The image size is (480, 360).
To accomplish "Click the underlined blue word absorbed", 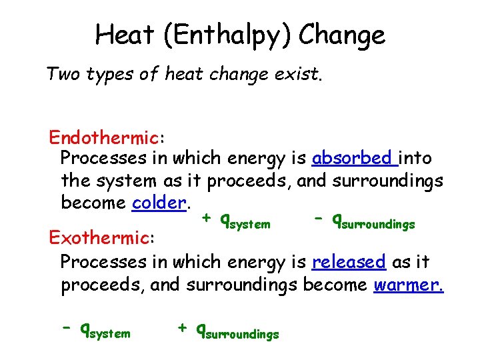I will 353,159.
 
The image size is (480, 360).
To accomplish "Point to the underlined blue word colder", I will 158,202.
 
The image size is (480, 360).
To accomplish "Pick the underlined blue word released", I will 348,262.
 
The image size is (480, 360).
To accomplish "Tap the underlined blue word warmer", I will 408,285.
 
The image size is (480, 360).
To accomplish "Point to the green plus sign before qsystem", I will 207,218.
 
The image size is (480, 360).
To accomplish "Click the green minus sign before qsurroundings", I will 319,218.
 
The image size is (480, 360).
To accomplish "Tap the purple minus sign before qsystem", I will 67,328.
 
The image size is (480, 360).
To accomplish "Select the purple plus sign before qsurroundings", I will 181,328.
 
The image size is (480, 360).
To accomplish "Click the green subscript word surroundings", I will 378,225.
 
